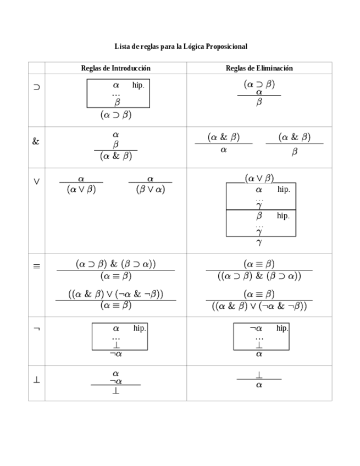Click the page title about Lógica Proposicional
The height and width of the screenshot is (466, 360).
[181, 47]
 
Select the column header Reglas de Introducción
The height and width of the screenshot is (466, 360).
[115, 68]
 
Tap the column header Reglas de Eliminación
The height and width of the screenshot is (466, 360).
[259, 68]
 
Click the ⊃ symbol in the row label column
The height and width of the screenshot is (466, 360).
[36, 87]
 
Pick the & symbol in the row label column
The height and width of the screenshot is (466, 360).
[36, 141]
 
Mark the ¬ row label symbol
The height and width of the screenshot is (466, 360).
[36, 329]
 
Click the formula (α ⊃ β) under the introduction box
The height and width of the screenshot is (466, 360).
[115, 115]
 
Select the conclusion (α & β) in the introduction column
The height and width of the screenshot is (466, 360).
[115, 156]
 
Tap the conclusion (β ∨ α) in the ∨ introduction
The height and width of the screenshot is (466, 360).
[150, 189]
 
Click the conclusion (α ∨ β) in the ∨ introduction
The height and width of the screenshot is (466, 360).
[81, 189]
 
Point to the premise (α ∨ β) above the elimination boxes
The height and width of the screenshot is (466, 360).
[259, 178]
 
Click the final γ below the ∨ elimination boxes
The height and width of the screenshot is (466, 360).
[259, 242]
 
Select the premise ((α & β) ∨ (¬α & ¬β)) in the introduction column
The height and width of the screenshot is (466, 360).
[115, 294]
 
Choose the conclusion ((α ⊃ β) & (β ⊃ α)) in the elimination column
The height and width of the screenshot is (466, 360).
[259, 276]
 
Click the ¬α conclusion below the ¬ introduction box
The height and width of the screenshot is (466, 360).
[115, 354]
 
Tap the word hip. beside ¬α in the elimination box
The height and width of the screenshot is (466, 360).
[282, 328]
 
